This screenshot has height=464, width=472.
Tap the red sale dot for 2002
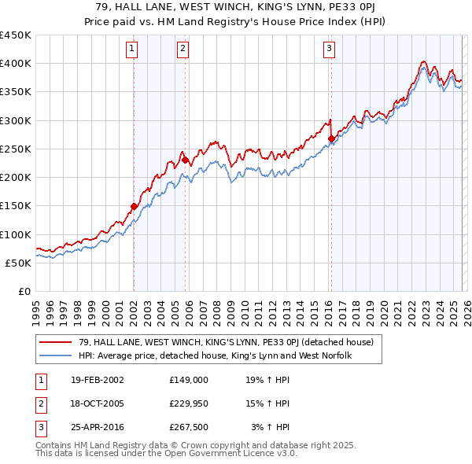[134, 207]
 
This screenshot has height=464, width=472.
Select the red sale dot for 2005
[185, 160]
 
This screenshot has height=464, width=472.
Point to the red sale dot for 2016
[331, 139]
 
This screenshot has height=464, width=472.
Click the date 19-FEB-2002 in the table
[97, 379]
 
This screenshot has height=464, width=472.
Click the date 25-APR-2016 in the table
[97, 428]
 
